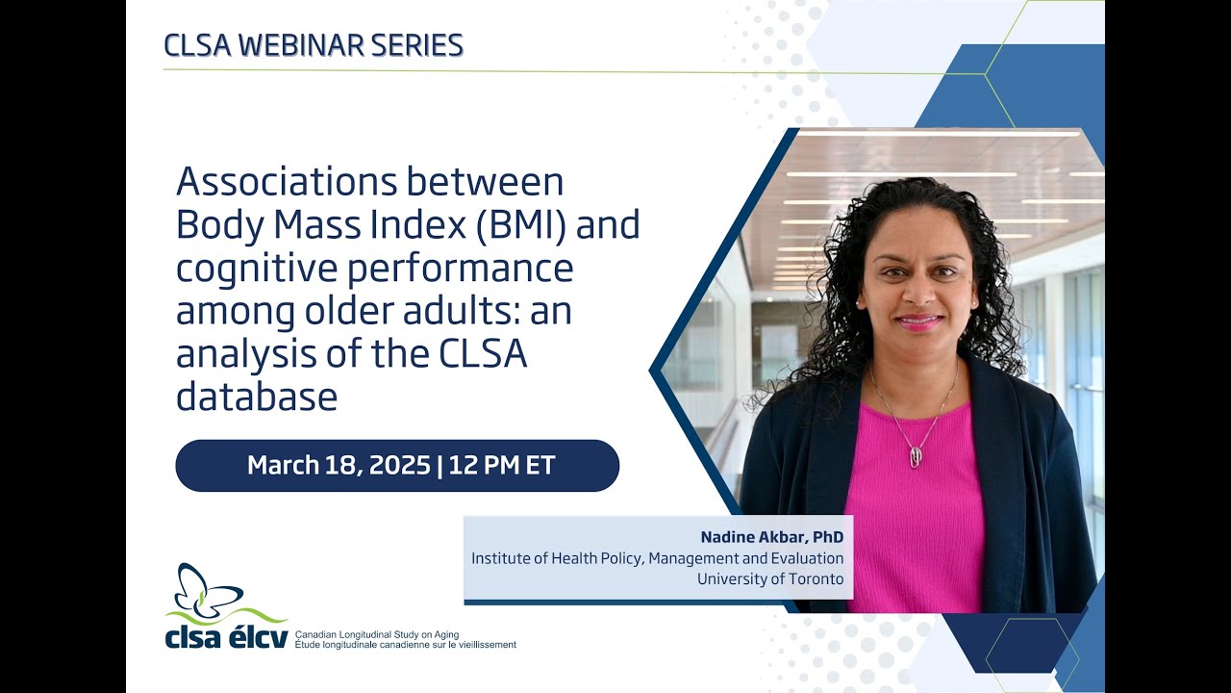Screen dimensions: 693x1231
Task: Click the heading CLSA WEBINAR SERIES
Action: [314, 45]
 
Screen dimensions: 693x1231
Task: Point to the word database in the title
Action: [256, 398]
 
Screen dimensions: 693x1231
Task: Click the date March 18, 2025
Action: [338, 466]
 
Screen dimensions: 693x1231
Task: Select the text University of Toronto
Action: [769, 578]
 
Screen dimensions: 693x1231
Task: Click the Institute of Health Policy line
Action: [657, 558]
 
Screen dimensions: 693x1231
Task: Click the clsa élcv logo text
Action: [226, 637]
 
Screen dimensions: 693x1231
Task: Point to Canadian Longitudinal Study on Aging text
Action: [377, 634]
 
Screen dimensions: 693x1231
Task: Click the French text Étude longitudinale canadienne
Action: [405, 645]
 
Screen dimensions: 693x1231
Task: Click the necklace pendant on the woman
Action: [916, 457]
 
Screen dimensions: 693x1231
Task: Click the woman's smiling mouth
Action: [919, 321]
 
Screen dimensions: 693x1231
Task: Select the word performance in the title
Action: [481, 269]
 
